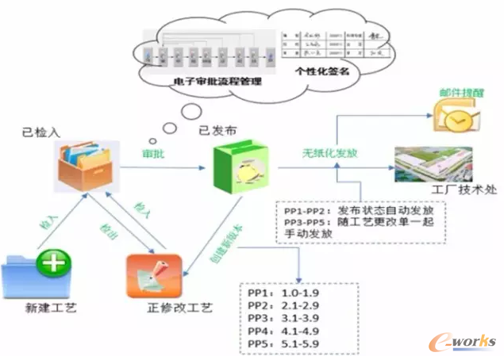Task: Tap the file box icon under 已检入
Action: coord(84,167)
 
